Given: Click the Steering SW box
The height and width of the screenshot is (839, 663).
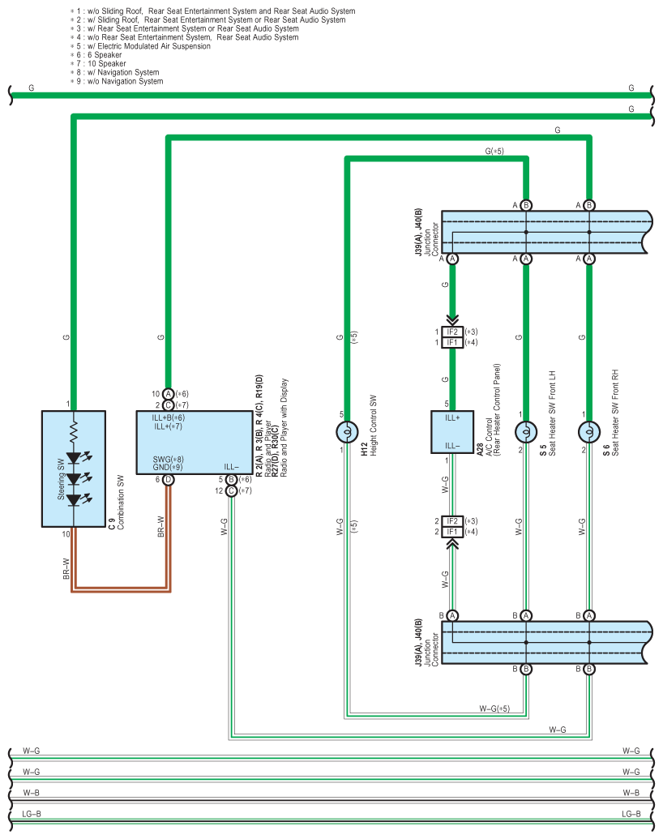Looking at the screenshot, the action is pyautogui.click(x=73, y=469).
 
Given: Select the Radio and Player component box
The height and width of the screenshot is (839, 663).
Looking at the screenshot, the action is pyautogui.click(x=195, y=442).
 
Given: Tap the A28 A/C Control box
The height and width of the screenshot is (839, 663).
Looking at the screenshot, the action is pyautogui.click(x=452, y=432).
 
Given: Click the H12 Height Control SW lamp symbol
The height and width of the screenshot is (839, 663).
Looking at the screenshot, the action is pyautogui.click(x=347, y=432).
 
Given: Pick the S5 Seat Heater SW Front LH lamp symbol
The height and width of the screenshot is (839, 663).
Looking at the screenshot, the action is pyautogui.click(x=526, y=432).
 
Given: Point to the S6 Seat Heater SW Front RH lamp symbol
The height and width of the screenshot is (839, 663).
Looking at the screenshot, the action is pyautogui.click(x=589, y=432).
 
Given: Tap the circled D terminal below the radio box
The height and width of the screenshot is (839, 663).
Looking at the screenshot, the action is pyautogui.click(x=168, y=479).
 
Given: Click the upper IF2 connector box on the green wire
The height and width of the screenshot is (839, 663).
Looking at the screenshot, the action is pyautogui.click(x=452, y=332).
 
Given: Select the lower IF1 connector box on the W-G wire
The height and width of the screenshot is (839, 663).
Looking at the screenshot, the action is pyautogui.click(x=452, y=531).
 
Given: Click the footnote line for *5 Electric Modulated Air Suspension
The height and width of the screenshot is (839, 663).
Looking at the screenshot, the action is pyautogui.click(x=140, y=46).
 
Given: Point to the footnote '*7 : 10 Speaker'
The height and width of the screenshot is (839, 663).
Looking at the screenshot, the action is pyautogui.click(x=98, y=64).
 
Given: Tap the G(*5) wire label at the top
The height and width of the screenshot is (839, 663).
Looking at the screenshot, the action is pyautogui.click(x=494, y=151).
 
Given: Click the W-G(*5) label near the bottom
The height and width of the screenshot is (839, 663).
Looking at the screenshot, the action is pyautogui.click(x=494, y=708).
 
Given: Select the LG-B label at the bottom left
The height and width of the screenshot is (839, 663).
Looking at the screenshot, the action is pyautogui.click(x=32, y=814).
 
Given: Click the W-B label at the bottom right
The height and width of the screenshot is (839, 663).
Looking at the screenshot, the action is pyautogui.click(x=631, y=793).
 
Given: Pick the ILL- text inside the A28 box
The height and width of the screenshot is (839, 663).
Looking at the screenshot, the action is pyautogui.click(x=452, y=446).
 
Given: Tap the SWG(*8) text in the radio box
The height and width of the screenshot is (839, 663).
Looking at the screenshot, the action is pyautogui.click(x=168, y=459).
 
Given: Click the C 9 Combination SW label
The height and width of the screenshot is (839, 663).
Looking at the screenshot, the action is pyautogui.click(x=117, y=502).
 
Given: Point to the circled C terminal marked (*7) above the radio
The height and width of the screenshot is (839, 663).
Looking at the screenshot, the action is pyautogui.click(x=168, y=405).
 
